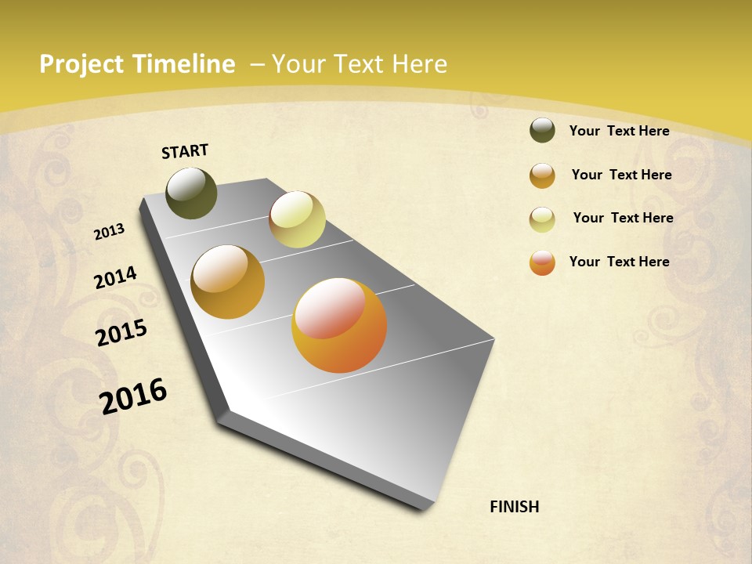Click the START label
pos(185,151)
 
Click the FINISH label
pos(515,507)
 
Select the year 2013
pos(110,231)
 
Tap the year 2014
pos(116,277)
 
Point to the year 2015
pos(121,332)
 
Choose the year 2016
pos(133,396)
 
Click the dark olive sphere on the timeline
pos(191,193)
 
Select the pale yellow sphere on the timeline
pos(297,219)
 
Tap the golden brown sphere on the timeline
pos(227,282)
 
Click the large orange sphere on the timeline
pos(339,324)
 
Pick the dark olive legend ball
pos(542,131)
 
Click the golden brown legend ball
pos(542,175)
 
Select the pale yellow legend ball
pos(542,219)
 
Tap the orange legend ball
pos(542,262)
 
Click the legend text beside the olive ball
pos(619,131)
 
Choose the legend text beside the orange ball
pos(619,262)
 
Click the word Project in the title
pos(81,64)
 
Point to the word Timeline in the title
pos(183,64)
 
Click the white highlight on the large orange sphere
pos(329,307)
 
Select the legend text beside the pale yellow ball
pos(623,218)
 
